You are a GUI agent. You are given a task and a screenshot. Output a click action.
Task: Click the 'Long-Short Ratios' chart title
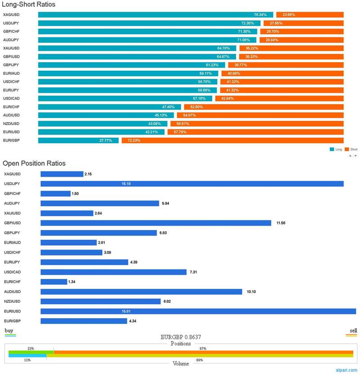point(29,5)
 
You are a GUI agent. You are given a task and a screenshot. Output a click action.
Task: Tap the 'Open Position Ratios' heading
point(34,163)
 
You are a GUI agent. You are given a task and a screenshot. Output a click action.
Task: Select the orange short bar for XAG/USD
point(310,15)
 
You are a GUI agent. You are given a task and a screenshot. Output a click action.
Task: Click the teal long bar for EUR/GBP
point(78,140)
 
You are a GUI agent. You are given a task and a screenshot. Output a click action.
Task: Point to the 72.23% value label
point(134,140)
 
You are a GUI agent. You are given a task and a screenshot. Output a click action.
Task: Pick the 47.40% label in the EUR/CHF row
point(168,107)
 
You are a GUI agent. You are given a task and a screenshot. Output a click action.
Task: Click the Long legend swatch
point(332,149)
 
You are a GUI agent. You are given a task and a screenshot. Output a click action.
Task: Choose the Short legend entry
point(351,149)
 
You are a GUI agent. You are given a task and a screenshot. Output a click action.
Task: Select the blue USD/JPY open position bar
point(192,184)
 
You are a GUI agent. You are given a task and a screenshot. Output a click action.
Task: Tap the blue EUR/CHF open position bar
point(54,282)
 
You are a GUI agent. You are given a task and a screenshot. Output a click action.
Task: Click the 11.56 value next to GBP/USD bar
point(281,223)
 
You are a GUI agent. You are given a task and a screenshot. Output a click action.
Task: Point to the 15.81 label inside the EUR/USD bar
point(126,311)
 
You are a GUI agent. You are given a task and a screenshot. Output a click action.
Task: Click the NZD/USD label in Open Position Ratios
point(12,301)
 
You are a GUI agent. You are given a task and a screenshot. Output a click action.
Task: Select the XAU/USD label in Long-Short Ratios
point(11,48)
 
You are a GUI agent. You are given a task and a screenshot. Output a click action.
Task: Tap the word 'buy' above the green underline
point(9,330)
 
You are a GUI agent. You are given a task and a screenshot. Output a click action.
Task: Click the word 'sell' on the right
point(353,330)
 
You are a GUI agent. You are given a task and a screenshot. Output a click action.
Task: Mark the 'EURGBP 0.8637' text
point(180,337)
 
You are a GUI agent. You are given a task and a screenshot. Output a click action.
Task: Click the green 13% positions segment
point(31,352)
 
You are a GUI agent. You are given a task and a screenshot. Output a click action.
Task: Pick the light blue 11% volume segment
point(27,356)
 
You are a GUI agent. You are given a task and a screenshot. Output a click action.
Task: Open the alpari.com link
point(346,370)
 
